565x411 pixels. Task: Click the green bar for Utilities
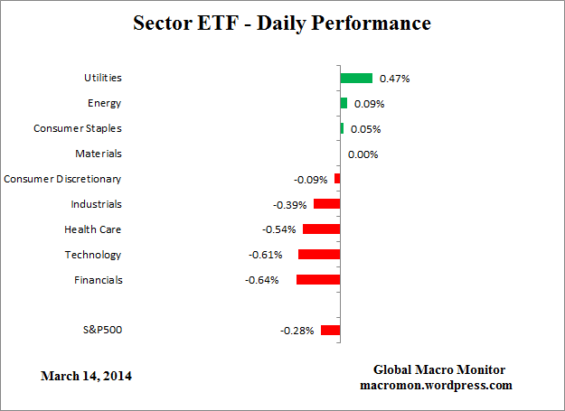coord(356,79)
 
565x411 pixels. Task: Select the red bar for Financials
coord(317,280)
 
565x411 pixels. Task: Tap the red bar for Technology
coord(319,255)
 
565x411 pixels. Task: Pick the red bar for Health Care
coord(321,229)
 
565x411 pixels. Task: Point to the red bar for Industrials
coord(326,204)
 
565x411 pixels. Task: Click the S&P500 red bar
coord(330,331)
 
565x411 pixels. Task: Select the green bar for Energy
coord(344,104)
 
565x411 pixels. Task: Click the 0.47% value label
coord(394,79)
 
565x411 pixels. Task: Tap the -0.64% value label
coord(262,280)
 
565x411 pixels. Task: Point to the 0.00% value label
coord(363,154)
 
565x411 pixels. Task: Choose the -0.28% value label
coord(297,331)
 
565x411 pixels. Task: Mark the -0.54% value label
coord(280,229)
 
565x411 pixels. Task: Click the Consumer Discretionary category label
coord(62,179)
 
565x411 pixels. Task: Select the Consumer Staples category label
coord(78,128)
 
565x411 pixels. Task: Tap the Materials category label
coord(99,154)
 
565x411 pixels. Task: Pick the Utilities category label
coord(102,78)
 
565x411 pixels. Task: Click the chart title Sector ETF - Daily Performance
coord(282,23)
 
